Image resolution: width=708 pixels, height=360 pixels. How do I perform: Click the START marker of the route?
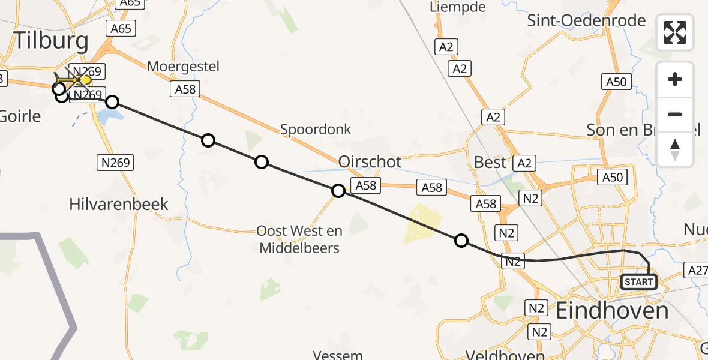tap(638, 281)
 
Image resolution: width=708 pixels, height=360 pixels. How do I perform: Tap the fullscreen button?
tap(675, 32)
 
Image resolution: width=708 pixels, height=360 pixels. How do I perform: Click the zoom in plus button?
tap(675, 79)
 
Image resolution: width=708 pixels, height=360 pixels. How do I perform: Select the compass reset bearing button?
tap(675, 149)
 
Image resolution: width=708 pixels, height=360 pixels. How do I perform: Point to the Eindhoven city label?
tap(612, 311)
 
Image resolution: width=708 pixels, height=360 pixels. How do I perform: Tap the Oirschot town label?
tap(370, 162)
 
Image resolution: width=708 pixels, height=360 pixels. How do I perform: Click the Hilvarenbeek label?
tap(119, 204)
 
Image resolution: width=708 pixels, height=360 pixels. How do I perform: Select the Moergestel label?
tap(184, 66)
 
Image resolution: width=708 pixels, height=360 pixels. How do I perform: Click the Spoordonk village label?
tap(316, 129)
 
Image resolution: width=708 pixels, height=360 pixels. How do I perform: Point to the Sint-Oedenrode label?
tap(586, 21)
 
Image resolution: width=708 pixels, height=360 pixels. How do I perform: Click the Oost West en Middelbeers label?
tap(299, 239)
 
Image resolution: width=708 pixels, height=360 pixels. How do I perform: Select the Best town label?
tap(490, 162)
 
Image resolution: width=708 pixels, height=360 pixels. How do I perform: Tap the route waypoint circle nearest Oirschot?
tap(338, 191)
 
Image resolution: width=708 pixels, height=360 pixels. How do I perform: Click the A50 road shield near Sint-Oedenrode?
tap(616, 82)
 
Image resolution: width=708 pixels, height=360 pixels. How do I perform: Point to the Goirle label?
tap(20, 116)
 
